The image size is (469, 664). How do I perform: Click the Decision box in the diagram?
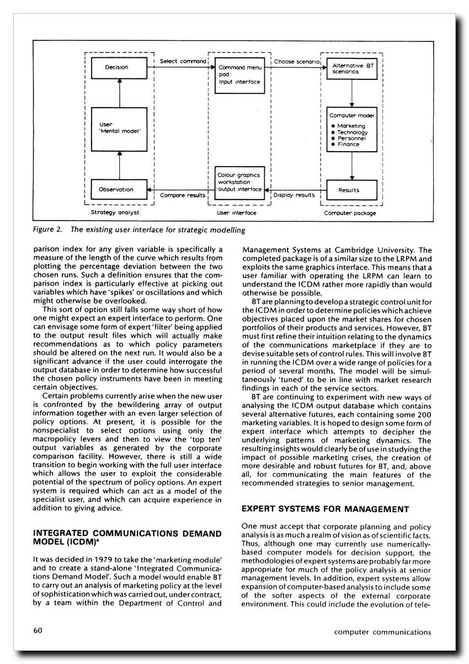click(116, 68)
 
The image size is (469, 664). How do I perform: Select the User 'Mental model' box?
click(116, 129)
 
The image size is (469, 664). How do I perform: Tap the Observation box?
click(116, 189)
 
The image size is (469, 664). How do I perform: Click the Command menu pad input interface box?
click(239, 74)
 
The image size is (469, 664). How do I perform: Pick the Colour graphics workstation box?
click(239, 183)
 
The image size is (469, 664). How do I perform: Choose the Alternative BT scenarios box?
click(352, 68)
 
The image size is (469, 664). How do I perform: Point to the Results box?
click(352, 190)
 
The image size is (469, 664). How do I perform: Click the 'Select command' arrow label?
click(183, 61)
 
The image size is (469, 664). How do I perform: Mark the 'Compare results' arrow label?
click(183, 195)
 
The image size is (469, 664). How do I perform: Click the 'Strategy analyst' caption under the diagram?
click(115, 212)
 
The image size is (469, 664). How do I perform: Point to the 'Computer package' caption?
click(350, 212)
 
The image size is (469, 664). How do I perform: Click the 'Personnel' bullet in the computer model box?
click(349, 138)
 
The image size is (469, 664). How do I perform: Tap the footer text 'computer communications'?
click(382, 632)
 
